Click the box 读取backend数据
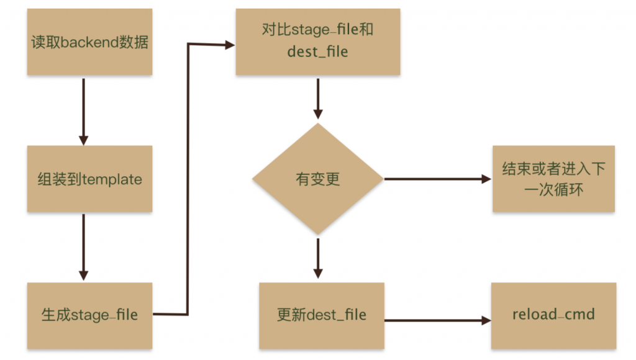[89, 42]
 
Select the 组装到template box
[89, 179]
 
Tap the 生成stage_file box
[89, 315]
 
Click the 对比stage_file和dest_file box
[317, 42]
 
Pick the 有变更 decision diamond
[317, 179]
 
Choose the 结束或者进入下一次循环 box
[553, 179]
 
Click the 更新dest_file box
[321, 315]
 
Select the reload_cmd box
[553, 315]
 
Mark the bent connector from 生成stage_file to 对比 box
[188, 180]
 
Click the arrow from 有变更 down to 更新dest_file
[317, 258]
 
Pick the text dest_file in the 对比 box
[317, 52]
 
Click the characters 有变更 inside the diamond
[317, 179]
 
